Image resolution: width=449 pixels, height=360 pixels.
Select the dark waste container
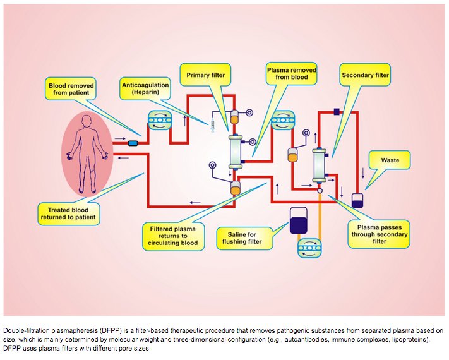357,200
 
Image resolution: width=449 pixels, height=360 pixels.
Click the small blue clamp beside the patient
133,143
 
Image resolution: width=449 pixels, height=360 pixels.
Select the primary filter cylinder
236,151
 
